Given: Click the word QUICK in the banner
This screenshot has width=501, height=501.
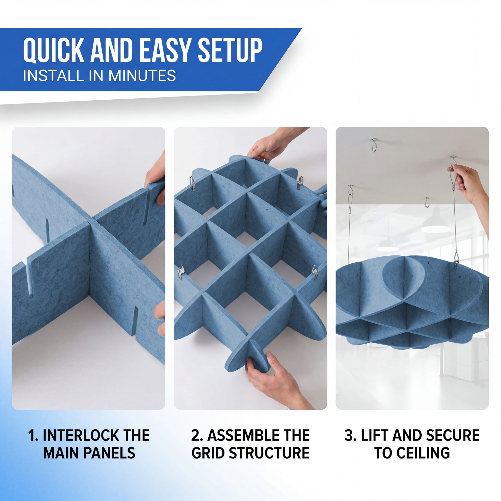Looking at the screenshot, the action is click(53, 50).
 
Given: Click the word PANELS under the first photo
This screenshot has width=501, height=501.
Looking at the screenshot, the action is click(109, 453).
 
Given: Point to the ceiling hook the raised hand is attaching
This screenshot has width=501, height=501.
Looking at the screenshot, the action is click(453, 161).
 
